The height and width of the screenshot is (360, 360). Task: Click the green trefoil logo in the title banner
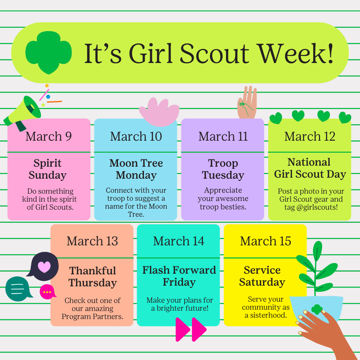[x=48, y=53]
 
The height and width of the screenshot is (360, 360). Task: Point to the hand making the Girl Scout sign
[x=247, y=102]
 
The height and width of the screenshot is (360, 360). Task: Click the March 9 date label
[x=49, y=136]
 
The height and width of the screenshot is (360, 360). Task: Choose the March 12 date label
[x=310, y=136]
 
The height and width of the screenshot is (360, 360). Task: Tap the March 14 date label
[x=179, y=241]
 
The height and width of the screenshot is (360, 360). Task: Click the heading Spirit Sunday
[x=48, y=169]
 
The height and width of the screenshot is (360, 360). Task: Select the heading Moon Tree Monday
[x=136, y=169]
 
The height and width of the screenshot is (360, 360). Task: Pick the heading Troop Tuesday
[x=223, y=169]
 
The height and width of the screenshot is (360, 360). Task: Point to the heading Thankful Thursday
[x=93, y=277]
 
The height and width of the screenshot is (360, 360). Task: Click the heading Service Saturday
[x=262, y=276]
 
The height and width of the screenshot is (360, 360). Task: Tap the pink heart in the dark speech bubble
[x=44, y=267]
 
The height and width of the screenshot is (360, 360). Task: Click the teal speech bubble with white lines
[x=19, y=289]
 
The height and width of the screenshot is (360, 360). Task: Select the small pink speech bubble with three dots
[x=48, y=292]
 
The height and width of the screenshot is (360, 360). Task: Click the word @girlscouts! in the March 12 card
[x=317, y=207]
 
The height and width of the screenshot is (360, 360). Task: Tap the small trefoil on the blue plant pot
[x=317, y=309]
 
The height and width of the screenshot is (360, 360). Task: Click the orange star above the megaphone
[x=47, y=86]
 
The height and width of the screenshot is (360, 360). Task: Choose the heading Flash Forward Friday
[x=179, y=276]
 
